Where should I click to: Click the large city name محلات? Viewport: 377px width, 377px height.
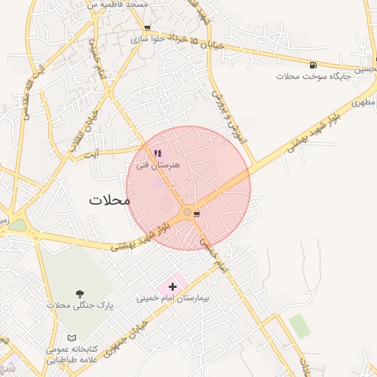(x=109, y=200)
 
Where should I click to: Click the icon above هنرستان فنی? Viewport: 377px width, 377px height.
(x=158, y=154)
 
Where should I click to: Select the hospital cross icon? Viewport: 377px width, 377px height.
(x=172, y=286)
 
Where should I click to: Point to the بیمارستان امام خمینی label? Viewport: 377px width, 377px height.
(x=173, y=300)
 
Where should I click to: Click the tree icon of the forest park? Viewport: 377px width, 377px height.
(x=80, y=293)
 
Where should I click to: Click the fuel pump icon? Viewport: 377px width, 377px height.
(x=314, y=66)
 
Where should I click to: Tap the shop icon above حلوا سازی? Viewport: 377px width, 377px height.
(x=148, y=28)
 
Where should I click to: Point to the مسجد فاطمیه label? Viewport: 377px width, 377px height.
(x=117, y=4)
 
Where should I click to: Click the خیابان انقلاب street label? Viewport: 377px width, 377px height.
(x=83, y=133)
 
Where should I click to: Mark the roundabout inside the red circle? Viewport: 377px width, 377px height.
(x=188, y=213)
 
